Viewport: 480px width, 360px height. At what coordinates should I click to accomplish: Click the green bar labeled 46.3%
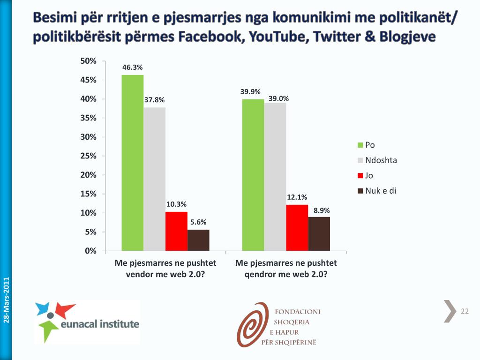pyautogui.click(x=133, y=163)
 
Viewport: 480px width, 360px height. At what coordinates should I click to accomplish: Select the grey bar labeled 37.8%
pyautogui.click(x=155, y=179)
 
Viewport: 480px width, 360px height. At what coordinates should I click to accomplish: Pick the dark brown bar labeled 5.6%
pyautogui.click(x=198, y=240)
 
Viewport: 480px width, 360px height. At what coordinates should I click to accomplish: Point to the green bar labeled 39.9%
pyautogui.click(x=253, y=175)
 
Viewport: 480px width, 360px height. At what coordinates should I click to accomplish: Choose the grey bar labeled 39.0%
pyautogui.click(x=275, y=177)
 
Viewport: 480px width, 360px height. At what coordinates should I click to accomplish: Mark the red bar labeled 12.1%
pyautogui.click(x=297, y=228)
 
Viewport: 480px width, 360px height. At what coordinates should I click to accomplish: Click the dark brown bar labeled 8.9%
pyautogui.click(x=319, y=234)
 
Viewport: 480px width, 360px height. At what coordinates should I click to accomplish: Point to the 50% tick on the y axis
pyautogui.click(x=89, y=61)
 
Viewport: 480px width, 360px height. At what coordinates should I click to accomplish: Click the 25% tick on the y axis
pyautogui.click(x=89, y=156)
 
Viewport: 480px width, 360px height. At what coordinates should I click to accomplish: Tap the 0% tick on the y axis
pyautogui.click(x=90, y=251)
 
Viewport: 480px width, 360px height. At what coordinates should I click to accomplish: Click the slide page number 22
pyautogui.click(x=465, y=312)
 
